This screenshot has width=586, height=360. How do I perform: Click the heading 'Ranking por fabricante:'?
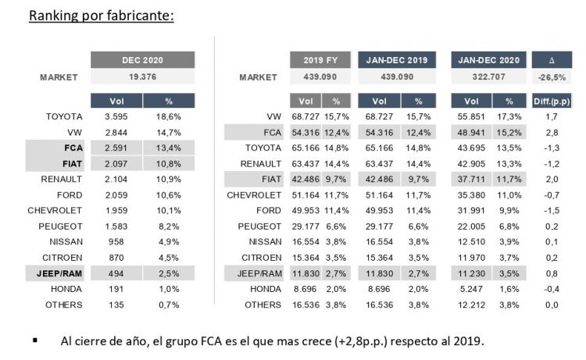click(x=101, y=16)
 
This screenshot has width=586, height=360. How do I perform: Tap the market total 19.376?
click(x=142, y=77)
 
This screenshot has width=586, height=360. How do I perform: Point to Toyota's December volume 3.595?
click(x=116, y=116)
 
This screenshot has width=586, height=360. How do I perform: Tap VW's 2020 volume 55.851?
click(x=471, y=116)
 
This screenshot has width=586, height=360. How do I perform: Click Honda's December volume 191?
click(x=116, y=290)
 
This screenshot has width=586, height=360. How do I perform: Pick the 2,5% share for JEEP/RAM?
click(x=169, y=273)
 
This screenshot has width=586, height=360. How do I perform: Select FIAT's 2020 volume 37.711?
click(x=471, y=179)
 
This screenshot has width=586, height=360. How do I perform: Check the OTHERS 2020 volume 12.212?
click(x=471, y=305)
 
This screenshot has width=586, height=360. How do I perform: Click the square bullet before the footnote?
click(x=35, y=341)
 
